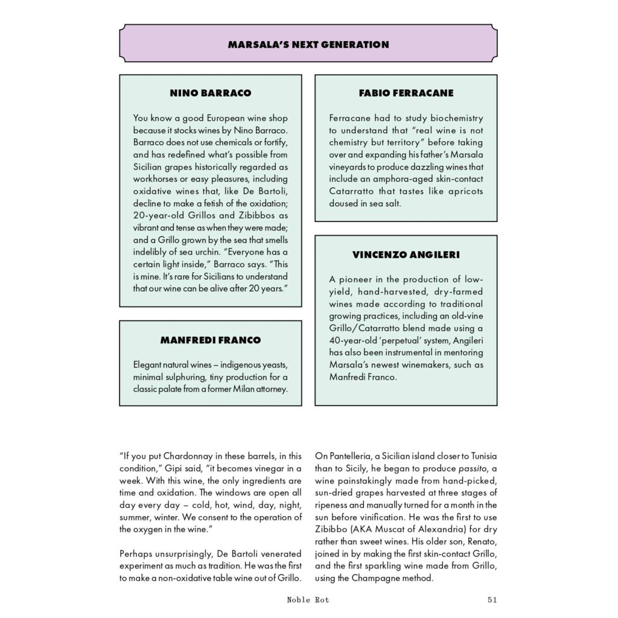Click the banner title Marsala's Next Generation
coord(308,44)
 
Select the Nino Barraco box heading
coord(211,94)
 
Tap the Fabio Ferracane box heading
coord(406,94)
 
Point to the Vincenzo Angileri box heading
coord(406,255)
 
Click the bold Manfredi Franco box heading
coord(211,340)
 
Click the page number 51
coord(491,600)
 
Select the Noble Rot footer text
coord(309,600)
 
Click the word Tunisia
coord(480,456)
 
